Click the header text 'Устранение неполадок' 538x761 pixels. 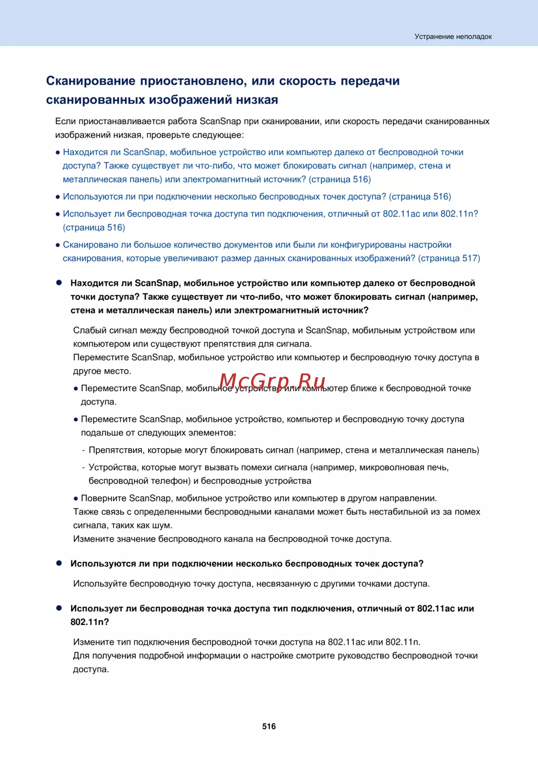coord(453,37)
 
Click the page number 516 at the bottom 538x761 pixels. coord(269,726)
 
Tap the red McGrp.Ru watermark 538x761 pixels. coord(272,382)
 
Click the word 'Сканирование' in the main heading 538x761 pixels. coord(90,81)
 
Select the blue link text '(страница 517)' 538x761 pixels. coord(449,258)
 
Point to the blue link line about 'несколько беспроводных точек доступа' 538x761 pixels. coord(257,196)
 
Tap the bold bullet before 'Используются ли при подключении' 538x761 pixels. coord(59,563)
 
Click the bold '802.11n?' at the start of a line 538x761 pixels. coord(90,622)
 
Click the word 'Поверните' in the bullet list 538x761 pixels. coord(103,498)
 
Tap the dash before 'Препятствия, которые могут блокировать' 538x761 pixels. coord(83,450)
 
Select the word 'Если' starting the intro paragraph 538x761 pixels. coord(65,121)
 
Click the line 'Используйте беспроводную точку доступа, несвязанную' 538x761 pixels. coord(251,583)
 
